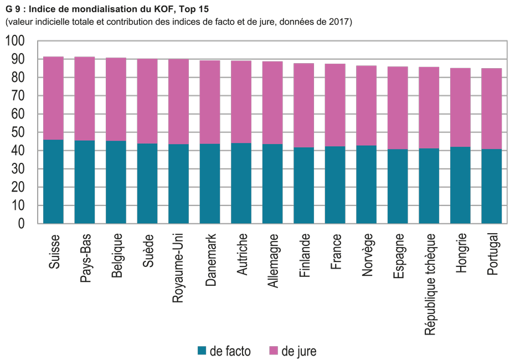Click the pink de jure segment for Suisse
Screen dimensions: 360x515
53,98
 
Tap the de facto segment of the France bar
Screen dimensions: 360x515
335,184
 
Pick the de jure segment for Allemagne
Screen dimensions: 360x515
272,102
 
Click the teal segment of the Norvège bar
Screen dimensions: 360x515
366,184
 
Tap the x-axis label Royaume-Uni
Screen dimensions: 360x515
178,268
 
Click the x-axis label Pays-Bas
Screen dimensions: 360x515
85,259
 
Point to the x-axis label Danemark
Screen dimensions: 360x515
210,260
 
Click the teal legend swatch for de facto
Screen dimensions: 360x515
202,351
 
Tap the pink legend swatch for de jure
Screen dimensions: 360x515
273,351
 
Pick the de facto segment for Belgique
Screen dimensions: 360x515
116,182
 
